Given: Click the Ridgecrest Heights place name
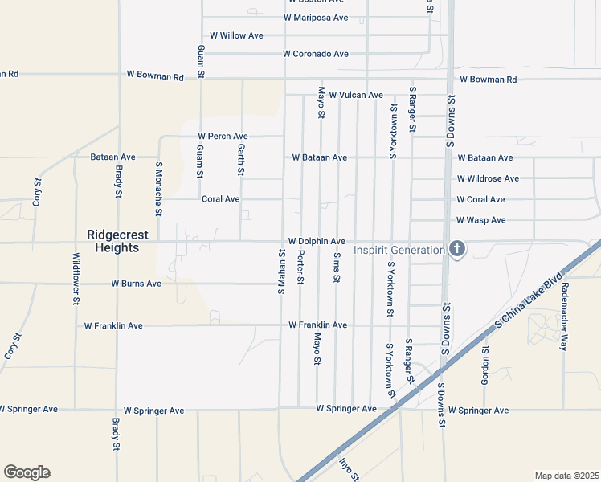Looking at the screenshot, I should click(112, 241).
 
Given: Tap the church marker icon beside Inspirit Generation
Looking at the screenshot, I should click(456, 249).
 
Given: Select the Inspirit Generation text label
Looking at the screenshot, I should click(399, 250).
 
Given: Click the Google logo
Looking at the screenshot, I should click(27, 472).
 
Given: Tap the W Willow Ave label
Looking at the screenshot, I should click(236, 35).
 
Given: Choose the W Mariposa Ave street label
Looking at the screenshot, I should click(317, 18).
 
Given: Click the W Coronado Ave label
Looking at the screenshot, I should click(316, 54).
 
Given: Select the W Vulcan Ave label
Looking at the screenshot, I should click(355, 95).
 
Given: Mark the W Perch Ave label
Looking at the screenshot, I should click(223, 137).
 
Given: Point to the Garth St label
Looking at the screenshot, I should click(240, 159).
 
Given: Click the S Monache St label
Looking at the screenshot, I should click(158, 189).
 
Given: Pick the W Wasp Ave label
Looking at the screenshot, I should click(480, 219).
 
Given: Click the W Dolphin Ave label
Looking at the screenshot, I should click(317, 241).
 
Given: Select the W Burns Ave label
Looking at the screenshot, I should click(136, 284).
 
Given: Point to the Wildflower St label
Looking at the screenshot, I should click(76, 279).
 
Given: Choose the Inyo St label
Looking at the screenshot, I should click(346, 469).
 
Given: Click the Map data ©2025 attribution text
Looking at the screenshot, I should click(566, 476).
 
